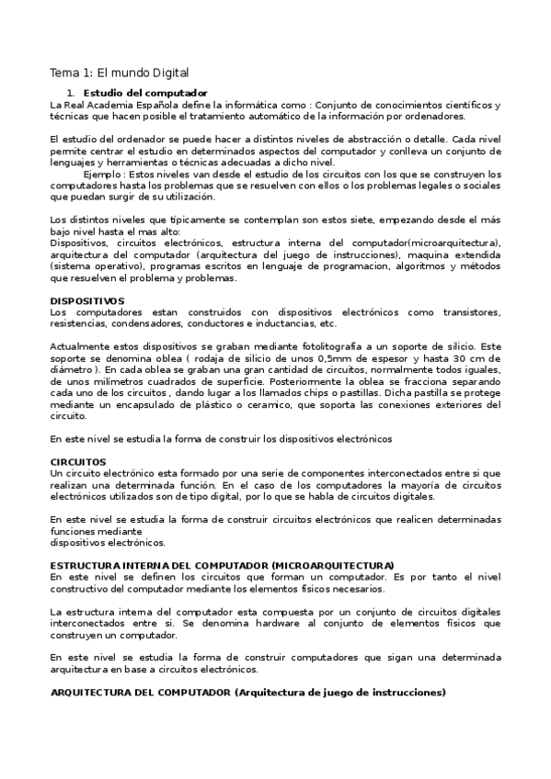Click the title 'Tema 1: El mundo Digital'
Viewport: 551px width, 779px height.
119,72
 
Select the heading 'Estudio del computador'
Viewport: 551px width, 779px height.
144,94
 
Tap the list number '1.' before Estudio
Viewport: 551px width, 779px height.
71,94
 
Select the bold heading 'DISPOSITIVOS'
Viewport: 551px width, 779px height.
86,300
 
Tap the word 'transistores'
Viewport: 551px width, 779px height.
468,312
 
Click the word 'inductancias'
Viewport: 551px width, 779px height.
270,323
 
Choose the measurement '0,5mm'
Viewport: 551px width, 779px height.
294,358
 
